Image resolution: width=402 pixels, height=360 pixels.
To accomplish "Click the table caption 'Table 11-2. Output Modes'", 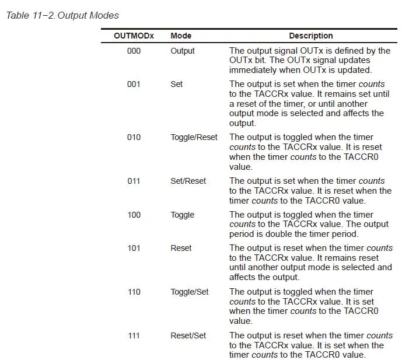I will click(62, 15).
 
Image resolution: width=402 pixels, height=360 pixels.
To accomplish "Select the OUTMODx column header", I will click(134, 36).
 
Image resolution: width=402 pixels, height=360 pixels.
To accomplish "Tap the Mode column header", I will click(181, 36).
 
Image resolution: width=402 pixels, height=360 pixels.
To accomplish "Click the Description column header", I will click(310, 36).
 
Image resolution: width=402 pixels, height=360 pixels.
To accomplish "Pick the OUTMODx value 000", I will click(134, 51).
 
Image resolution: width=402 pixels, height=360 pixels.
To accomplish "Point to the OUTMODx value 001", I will click(134, 84).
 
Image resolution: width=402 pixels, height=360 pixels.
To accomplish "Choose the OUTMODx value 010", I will click(134, 137).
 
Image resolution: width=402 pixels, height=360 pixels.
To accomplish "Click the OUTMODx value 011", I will click(134, 181).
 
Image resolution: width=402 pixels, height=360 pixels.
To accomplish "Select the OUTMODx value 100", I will click(134, 215).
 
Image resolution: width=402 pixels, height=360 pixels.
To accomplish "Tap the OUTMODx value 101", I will click(134, 248).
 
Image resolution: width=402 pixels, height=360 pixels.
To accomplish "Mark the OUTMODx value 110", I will click(134, 292).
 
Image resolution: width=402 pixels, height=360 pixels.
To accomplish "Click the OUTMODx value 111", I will click(134, 335).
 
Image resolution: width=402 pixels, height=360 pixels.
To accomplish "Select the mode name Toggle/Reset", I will click(194, 137).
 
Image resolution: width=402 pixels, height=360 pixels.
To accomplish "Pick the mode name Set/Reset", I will click(188, 181).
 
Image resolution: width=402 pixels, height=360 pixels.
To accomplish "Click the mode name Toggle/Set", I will click(189, 292).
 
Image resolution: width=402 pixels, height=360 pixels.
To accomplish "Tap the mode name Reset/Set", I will click(188, 335).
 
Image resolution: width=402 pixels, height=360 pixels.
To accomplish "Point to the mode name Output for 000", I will click(183, 51).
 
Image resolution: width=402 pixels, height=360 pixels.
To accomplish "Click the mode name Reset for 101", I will click(181, 248).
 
